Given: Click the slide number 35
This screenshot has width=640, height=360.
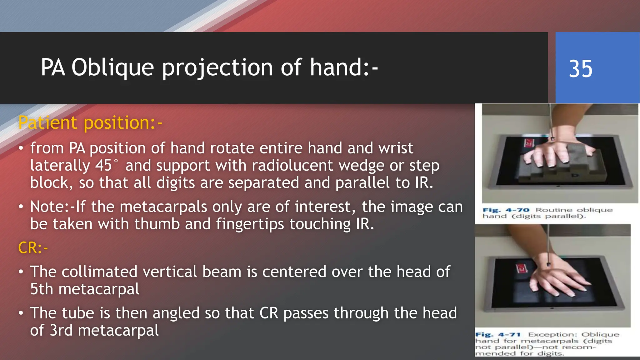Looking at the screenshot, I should (x=580, y=69).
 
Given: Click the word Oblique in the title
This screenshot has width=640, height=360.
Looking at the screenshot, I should (x=112, y=68).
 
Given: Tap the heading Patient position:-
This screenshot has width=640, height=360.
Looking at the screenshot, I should (x=90, y=122).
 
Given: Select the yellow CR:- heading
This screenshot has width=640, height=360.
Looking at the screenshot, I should (x=33, y=248).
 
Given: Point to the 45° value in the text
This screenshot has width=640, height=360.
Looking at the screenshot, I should (x=106, y=165).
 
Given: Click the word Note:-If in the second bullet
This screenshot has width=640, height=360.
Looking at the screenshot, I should (x=57, y=207).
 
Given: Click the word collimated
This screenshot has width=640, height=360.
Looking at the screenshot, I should (x=99, y=272).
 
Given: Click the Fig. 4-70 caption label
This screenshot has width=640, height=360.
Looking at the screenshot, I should (x=506, y=210).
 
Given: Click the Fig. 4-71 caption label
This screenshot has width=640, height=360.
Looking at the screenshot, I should (x=498, y=335).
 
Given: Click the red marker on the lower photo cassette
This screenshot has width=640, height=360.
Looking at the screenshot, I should (x=521, y=268).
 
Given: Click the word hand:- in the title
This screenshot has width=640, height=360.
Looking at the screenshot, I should (x=344, y=68).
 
